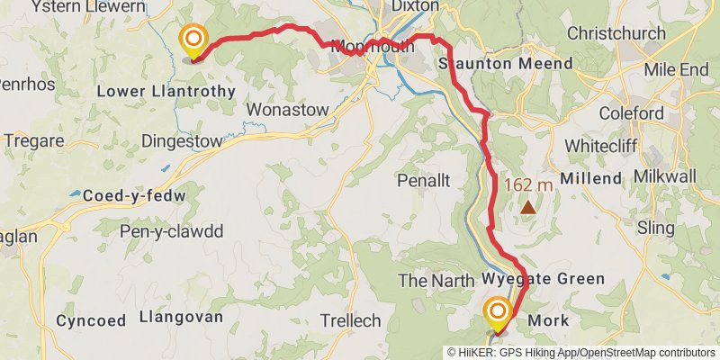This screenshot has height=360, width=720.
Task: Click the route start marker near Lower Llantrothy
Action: coord(193,40)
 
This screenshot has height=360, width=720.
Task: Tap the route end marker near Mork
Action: coord(497,313)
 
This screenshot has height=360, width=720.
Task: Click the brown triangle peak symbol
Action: coord(528,208)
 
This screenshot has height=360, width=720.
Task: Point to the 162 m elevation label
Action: coord(527,185)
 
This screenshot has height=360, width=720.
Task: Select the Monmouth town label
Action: coord(373,47)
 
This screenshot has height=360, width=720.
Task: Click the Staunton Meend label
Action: coord(505,65)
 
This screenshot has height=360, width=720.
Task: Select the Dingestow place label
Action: coord(181,141)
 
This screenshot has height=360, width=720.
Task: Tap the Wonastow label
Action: coord(282,109)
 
